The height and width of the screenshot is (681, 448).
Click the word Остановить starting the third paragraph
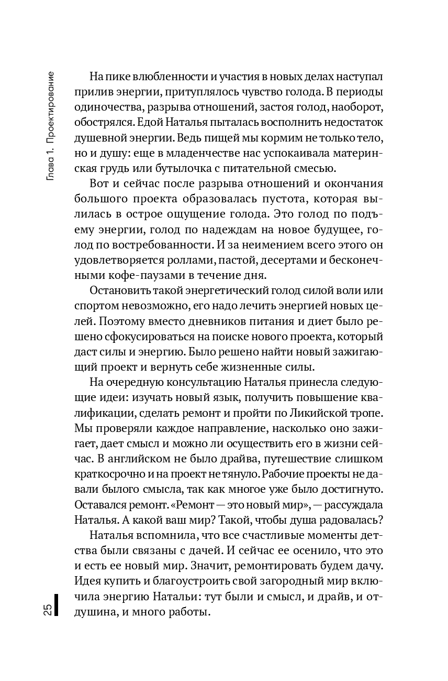(120, 291)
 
